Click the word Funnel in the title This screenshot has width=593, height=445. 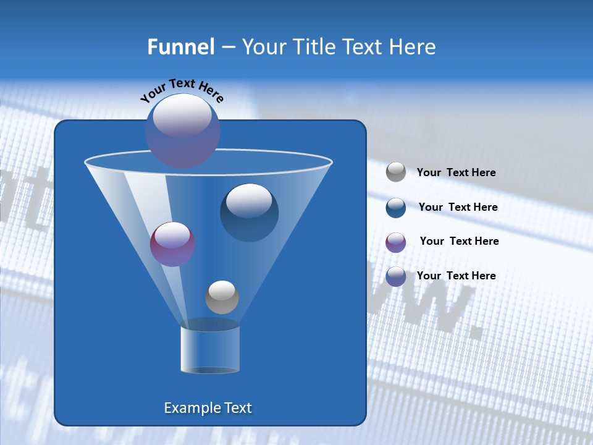point(180,47)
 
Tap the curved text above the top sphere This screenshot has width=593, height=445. point(182,90)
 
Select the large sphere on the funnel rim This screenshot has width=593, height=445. point(183,131)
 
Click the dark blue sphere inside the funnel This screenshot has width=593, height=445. point(249,213)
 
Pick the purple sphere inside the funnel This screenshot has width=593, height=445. point(172,244)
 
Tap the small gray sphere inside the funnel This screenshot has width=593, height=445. point(222,297)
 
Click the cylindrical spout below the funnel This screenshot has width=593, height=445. point(210,349)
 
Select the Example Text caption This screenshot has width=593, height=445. point(208,408)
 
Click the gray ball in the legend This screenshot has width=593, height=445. point(396,172)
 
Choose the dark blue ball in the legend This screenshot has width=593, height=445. point(396,208)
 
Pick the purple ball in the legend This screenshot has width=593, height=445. point(396,242)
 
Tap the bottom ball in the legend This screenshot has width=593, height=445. point(396,276)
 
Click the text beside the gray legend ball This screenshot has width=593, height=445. point(456,172)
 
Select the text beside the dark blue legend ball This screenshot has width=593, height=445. point(458,207)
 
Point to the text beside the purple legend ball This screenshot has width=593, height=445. point(459,241)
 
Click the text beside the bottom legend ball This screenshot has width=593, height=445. point(456,276)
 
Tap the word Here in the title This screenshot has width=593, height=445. point(413,47)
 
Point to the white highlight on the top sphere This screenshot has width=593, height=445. point(182,116)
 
